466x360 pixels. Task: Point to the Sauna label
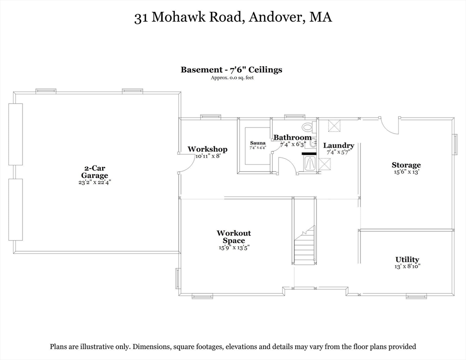(257, 143)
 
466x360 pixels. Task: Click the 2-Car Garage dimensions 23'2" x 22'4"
(94, 182)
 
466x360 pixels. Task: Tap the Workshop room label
(207, 149)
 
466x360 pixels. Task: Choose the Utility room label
(407, 259)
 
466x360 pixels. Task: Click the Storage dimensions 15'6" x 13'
(406, 172)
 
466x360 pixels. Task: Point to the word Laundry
(338, 145)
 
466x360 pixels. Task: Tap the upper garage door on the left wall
(15, 134)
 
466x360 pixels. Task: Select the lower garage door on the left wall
(15, 209)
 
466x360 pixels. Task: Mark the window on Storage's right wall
(454, 144)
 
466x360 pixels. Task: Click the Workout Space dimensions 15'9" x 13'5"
(233, 247)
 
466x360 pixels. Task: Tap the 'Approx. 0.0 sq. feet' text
(232, 78)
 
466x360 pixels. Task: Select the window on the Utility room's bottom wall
(416, 296)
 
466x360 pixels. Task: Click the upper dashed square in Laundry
(335, 126)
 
